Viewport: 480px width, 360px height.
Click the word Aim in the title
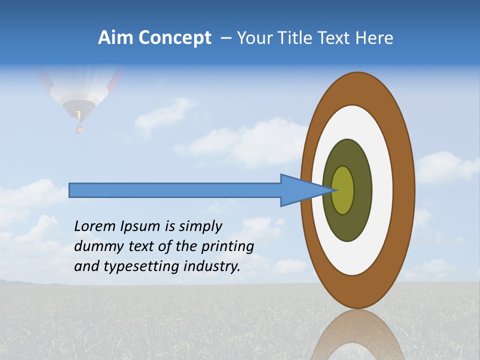point(115,38)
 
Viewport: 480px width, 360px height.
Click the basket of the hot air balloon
point(79,129)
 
